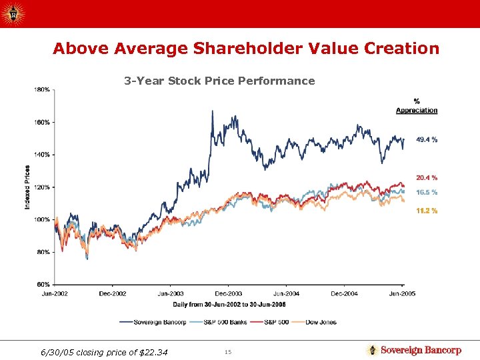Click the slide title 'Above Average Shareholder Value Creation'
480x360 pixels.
click(x=246, y=49)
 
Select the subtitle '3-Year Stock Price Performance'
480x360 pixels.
click(x=219, y=81)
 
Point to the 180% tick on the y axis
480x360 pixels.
click(x=41, y=89)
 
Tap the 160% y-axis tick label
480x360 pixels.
click(x=41, y=122)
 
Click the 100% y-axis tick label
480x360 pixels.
click(x=41, y=219)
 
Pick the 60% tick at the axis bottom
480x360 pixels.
click(x=43, y=284)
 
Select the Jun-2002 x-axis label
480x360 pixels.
click(x=55, y=293)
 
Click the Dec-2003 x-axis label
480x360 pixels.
click(x=229, y=293)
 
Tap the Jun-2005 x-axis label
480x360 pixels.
click(x=401, y=293)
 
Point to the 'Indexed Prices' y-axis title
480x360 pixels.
click(x=27, y=187)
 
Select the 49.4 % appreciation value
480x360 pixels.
click(x=427, y=140)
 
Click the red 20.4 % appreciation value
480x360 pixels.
click(x=427, y=178)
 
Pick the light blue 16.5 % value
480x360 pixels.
click(x=427, y=193)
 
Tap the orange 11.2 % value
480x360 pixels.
click(x=427, y=211)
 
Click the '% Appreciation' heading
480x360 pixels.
click(x=417, y=106)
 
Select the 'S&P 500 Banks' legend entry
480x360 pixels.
click(x=221, y=322)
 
